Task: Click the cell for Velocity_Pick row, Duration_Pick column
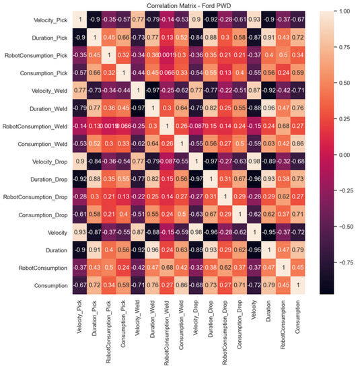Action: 96,20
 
